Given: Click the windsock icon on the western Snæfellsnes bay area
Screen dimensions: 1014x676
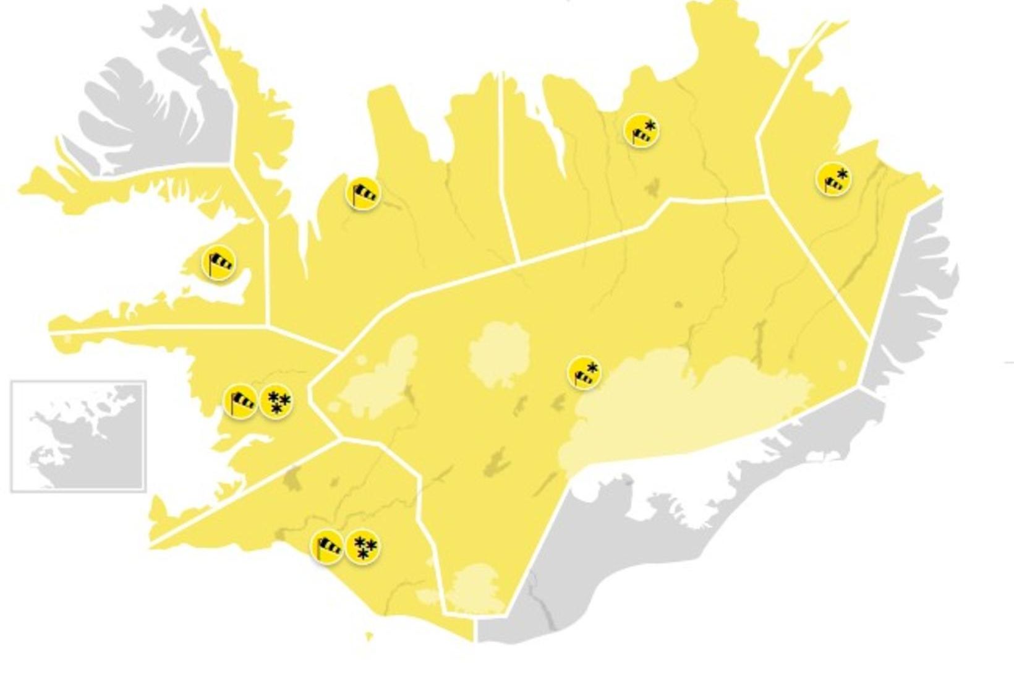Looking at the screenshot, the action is pos(218,263).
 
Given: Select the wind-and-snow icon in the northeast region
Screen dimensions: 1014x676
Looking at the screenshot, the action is pos(642,130).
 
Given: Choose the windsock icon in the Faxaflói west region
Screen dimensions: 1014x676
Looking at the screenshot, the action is pos(241,401).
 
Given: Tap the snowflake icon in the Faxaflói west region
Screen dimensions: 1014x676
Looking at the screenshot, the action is pos(276,401).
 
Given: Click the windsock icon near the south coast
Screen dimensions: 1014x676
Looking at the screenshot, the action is pos(327,547).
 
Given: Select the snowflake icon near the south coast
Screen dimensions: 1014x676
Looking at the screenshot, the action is pos(363,547).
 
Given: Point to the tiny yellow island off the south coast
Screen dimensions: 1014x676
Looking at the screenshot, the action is pos(370,636).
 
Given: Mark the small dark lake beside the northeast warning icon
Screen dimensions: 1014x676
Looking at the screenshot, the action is pos(652,186).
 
